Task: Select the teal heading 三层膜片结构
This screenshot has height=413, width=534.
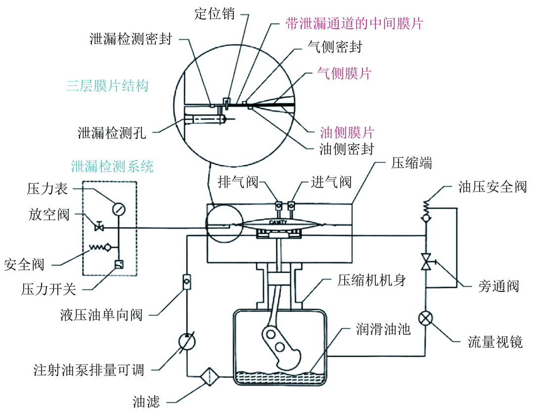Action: coord(107,86)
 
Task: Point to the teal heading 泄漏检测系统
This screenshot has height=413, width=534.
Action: coord(112,166)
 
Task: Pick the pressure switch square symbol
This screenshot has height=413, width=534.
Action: coord(119,265)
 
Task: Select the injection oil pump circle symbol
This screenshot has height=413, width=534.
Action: coord(186,341)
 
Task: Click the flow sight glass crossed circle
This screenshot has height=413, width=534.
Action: coord(426,317)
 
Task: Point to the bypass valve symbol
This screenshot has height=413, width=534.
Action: coord(426,261)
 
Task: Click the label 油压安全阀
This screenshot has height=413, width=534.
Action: coord(492,187)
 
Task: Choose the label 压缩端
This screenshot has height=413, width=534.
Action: coord(411,164)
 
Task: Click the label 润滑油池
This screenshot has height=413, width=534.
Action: coord(383,329)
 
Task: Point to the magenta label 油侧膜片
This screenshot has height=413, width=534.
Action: coord(347,132)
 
